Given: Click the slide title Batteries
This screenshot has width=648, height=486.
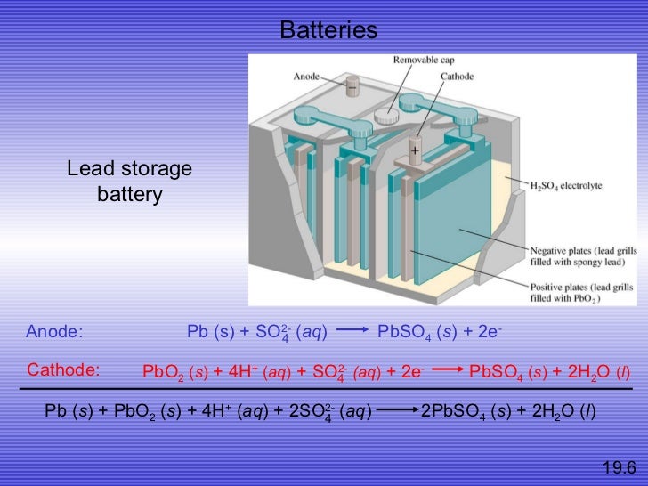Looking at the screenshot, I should click(328, 31).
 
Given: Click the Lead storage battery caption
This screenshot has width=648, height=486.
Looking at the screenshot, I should click(130, 182).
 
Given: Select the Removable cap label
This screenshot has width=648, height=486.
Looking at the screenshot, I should click(423, 60).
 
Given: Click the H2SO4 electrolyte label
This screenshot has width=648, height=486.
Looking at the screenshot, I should click(566, 185).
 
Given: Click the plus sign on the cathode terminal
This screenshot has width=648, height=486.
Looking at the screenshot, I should click(415, 152).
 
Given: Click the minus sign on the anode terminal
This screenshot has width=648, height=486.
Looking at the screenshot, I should click(352, 89).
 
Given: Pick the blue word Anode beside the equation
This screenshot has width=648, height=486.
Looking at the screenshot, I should click(54, 332).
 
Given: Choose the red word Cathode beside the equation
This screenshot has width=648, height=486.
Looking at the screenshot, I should click(65, 369).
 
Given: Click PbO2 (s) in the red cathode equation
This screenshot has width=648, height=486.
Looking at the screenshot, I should click(174, 372).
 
